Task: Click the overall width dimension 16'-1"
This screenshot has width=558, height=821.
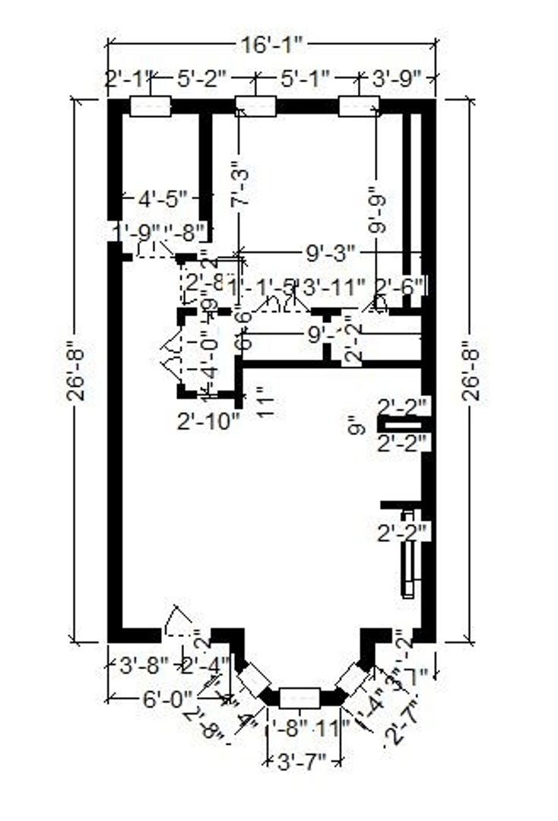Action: [x=272, y=45]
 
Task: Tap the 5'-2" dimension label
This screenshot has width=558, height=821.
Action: [x=203, y=78]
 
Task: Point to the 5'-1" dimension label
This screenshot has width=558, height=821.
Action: [x=304, y=78]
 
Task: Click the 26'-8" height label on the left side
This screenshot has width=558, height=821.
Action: [x=81, y=370]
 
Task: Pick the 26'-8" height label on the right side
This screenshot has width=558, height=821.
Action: [x=472, y=370]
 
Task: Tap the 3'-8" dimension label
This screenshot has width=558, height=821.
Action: [x=143, y=667]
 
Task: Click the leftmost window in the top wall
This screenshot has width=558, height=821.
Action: [x=151, y=106]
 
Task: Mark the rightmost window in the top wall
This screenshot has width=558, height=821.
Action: [x=358, y=106]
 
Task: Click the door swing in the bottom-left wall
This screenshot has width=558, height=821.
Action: [x=179, y=622]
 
